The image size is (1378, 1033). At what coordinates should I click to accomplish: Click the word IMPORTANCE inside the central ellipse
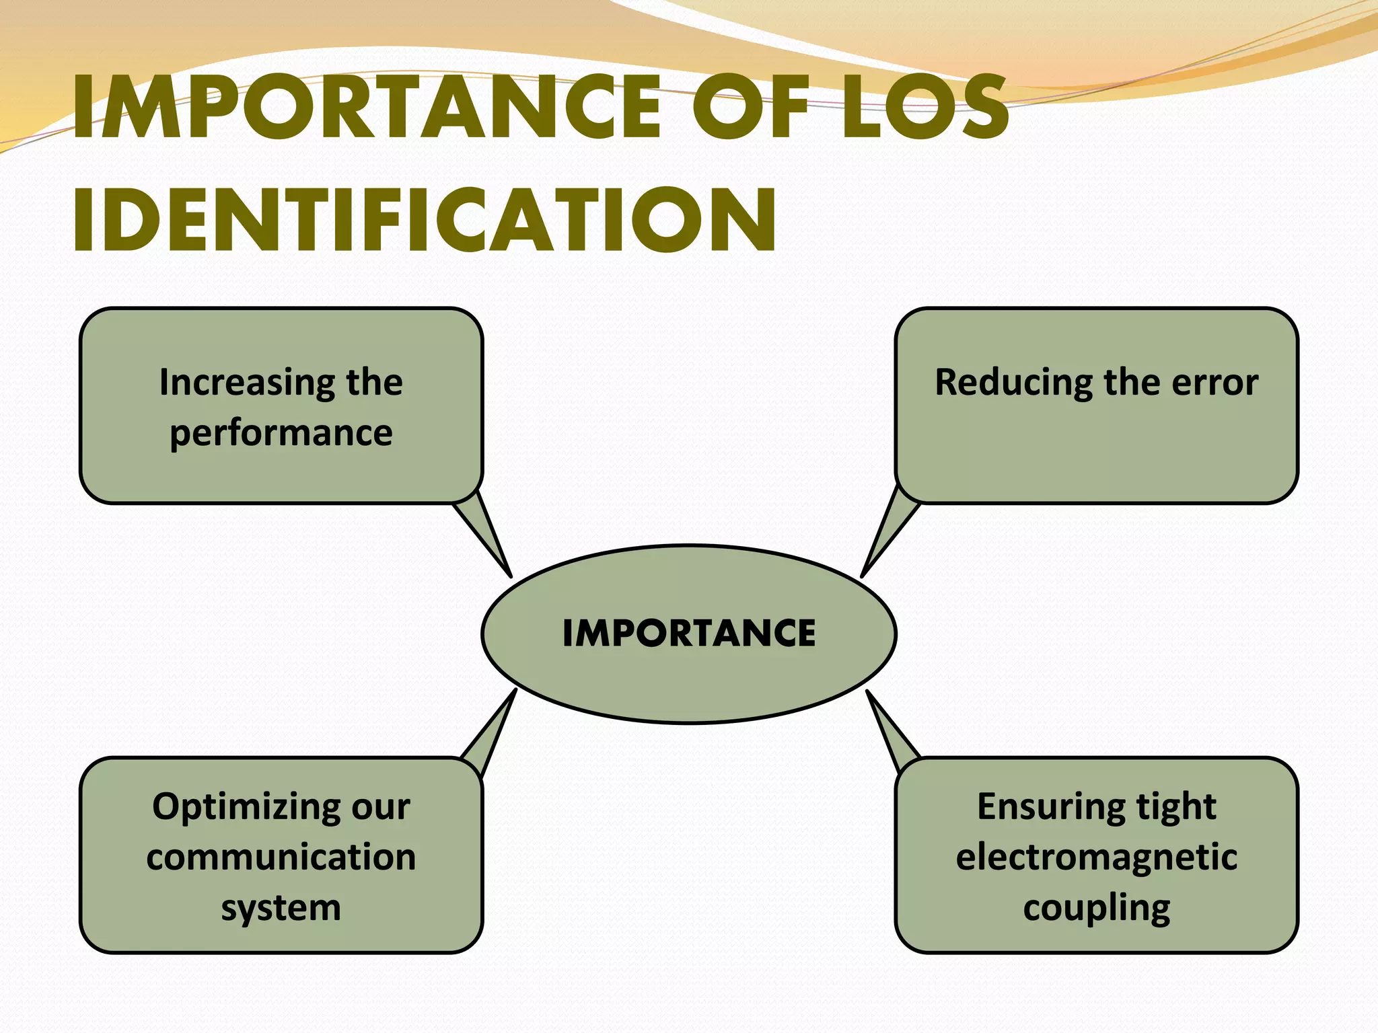pyautogui.click(x=689, y=634)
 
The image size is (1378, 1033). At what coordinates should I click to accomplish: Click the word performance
pyautogui.click(x=281, y=433)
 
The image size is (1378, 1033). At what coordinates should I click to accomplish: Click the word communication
pyautogui.click(x=281, y=857)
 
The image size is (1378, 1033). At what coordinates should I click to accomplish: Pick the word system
pyautogui.click(x=281, y=908)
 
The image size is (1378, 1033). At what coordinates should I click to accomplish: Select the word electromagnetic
pyautogui.click(x=1097, y=857)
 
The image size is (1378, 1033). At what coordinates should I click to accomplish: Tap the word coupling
pyautogui.click(x=1097, y=908)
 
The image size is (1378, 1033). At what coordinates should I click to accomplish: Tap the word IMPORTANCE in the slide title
pyautogui.click(x=367, y=108)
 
